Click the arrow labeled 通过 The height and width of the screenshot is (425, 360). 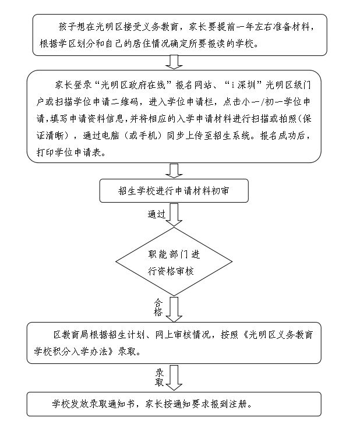[174, 214]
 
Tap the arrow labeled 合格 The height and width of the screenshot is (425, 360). [174, 309]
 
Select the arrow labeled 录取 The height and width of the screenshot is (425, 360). [174, 378]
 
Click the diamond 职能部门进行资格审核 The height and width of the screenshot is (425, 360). [174, 261]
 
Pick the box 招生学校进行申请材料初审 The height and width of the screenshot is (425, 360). [174, 190]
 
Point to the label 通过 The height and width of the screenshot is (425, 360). [156, 214]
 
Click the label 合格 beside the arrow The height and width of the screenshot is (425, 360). [158, 307]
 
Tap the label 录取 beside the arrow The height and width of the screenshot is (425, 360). [159, 377]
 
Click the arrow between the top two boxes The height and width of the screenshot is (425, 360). [174, 62]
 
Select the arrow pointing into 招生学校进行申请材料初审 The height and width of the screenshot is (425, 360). [174, 171]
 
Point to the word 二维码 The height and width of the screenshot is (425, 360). [125, 102]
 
